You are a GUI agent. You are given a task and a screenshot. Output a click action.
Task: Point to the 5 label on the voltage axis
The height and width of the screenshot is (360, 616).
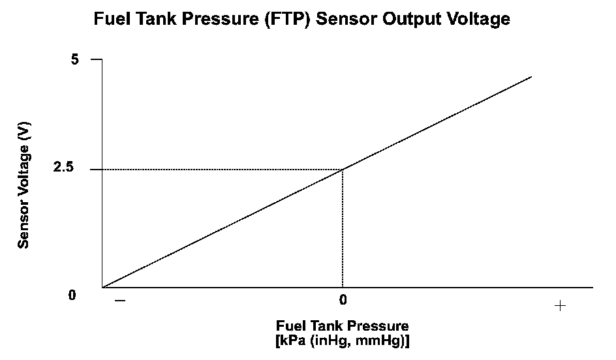(x=74, y=59)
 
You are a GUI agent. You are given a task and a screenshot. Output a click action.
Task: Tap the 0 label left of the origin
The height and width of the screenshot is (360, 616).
(x=72, y=295)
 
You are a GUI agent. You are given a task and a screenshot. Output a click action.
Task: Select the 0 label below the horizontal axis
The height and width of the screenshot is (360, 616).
(x=343, y=301)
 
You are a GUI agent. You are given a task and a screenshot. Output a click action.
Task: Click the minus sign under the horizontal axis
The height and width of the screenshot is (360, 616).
(x=119, y=301)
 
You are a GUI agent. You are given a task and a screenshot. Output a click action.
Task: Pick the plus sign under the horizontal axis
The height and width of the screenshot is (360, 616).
(x=559, y=305)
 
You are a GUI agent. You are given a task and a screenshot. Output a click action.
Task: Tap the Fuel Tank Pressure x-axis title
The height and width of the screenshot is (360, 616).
(x=343, y=325)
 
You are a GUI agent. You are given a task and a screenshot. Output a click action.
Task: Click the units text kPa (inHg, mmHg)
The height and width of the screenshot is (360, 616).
(x=343, y=340)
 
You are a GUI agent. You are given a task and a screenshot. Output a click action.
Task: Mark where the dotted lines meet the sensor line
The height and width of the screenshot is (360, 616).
(x=343, y=170)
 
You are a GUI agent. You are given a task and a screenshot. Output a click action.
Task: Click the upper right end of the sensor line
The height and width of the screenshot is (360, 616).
(x=531, y=77)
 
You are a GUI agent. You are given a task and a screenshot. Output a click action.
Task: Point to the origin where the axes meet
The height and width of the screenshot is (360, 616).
(x=102, y=287)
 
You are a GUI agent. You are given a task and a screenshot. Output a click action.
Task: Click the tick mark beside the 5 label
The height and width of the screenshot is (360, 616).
(x=96, y=59)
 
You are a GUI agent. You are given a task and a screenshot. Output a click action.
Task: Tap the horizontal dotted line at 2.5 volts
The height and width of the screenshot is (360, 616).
(x=222, y=170)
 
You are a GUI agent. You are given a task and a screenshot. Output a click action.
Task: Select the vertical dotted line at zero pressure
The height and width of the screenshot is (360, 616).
(x=343, y=228)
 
